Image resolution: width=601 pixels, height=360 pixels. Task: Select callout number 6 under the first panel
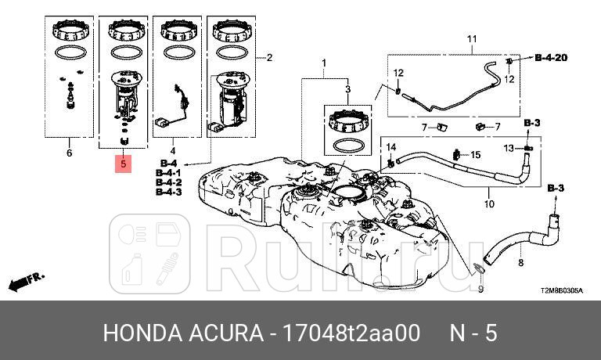point(69,153)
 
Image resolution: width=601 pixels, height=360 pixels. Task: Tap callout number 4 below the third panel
point(173,150)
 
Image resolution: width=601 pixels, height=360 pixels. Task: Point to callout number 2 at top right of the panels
point(269,57)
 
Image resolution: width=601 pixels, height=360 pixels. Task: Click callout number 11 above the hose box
point(472,38)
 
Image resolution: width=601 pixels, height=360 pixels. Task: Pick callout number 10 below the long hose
point(489,205)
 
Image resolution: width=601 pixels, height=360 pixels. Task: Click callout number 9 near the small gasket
point(481,289)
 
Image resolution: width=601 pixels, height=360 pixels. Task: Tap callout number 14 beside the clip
point(391,146)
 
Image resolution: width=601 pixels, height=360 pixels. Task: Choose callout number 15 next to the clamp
point(476,154)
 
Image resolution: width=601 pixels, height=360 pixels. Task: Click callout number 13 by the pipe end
point(508,148)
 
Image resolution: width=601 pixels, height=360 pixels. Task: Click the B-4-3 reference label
point(169,191)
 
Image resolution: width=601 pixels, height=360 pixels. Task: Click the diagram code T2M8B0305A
point(561,290)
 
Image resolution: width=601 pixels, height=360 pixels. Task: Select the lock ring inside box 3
point(348,121)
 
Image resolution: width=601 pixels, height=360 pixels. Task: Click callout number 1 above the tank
point(323,62)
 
